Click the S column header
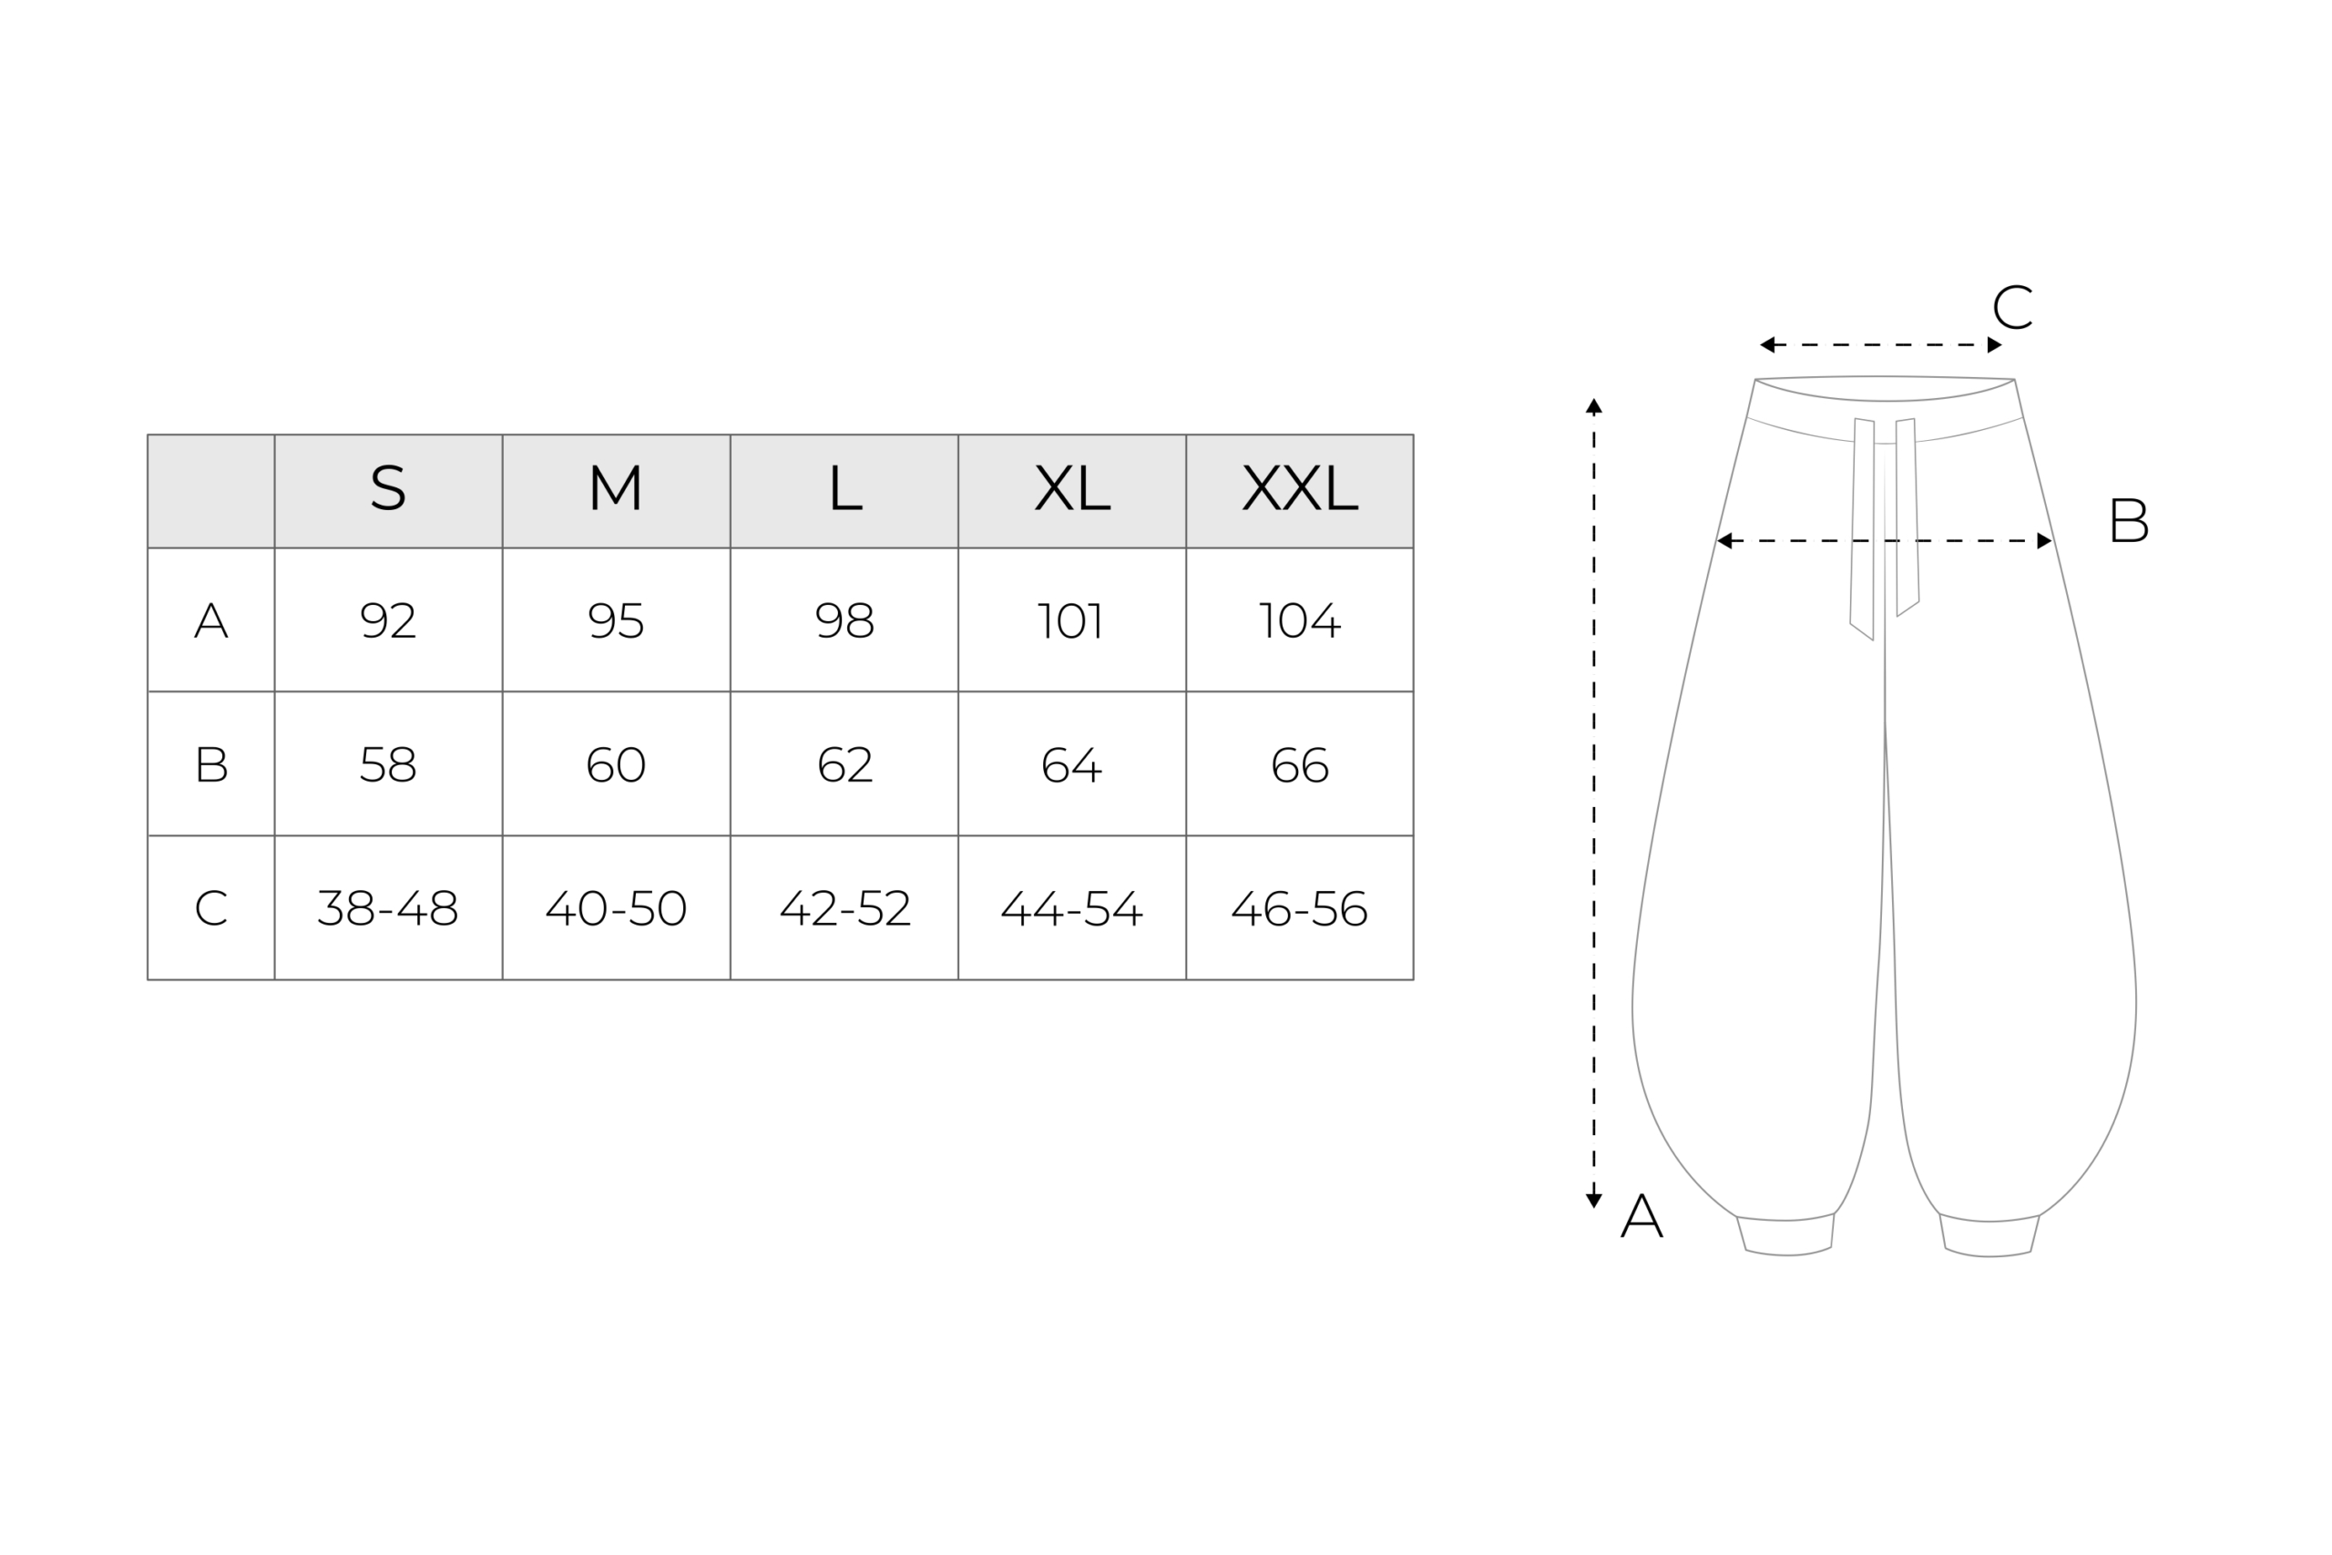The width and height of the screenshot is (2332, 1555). coord(388,488)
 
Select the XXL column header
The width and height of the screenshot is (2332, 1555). coord(1300,488)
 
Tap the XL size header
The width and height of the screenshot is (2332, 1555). coord(1072,488)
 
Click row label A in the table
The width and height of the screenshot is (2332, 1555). coord(211,619)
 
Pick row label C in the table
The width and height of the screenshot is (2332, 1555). coord(211,907)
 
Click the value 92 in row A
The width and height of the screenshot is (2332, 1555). coord(388,620)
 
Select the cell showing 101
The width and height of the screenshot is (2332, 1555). coord(1071,620)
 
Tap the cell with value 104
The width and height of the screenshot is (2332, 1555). coord(1299,620)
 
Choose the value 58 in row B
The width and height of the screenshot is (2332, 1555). coord(388,764)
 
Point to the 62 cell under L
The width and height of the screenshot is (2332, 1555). coord(844,764)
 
